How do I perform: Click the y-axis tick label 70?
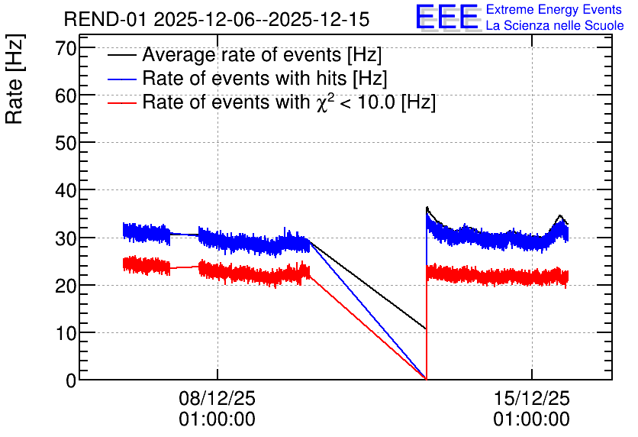pos(66,49)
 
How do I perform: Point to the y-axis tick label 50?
pos(66,144)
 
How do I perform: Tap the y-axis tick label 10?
pos(66,334)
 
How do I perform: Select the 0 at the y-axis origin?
pos(71,380)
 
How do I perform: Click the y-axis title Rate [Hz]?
pos(14,79)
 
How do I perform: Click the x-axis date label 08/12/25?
pos(217,398)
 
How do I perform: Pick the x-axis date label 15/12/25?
pos(531,398)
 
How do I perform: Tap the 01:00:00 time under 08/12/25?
pos(217,419)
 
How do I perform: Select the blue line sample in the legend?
pos(121,79)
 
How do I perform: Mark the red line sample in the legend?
pos(121,103)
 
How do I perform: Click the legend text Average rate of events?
pos(242,54)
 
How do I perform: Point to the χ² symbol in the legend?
pos(324,102)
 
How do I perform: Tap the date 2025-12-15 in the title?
pos(320,19)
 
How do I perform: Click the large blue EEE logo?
pos(447,17)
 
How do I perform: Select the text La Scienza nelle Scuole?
pos(555,25)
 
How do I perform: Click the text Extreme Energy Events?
pos(554,9)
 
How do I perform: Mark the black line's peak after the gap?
pos(427,207)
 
